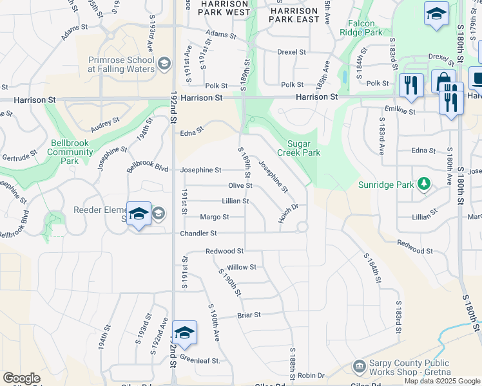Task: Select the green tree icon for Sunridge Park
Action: click(423, 185)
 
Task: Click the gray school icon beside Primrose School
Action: click(164, 63)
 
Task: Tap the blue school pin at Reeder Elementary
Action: click(139, 214)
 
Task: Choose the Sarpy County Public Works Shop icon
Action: click(359, 367)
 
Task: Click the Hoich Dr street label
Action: click(289, 210)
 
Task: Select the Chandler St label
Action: click(198, 233)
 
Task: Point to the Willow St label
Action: click(242, 266)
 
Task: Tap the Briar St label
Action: click(248, 315)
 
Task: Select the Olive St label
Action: click(240, 185)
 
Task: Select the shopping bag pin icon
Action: click(443, 82)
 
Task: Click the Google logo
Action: click(21, 378)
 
